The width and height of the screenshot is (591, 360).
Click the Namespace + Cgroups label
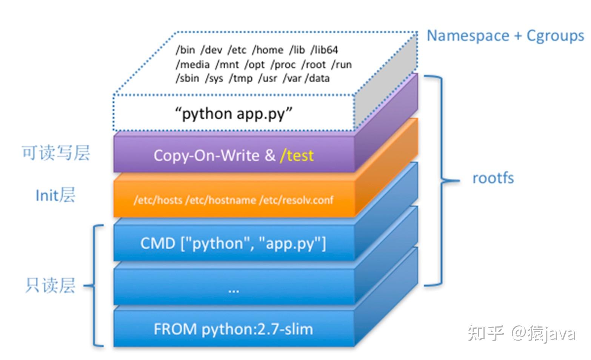click(x=505, y=36)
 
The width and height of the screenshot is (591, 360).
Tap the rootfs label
click(x=493, y=178)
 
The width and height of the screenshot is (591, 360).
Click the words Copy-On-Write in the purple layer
click(x=206, y=155)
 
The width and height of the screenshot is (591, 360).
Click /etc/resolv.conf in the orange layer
click(x=296, y=200)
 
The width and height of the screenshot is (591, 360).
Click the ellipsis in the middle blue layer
click(x=234, y=290)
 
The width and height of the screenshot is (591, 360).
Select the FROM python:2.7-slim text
click(x=233, y=329)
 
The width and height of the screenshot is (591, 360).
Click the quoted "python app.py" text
click(x=234, y=114)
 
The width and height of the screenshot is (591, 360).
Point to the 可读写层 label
click(x=56, y=153)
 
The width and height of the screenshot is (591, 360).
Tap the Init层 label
click(x=55, y=195)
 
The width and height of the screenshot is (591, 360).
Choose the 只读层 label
click(x=50, y=285)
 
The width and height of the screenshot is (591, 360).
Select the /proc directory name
click(x=283, y=65)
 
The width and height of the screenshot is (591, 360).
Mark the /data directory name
click(x=317, y=78)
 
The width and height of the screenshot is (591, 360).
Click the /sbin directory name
click(x=187, y=78)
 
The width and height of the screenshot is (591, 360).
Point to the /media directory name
click(x=192, y=65)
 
